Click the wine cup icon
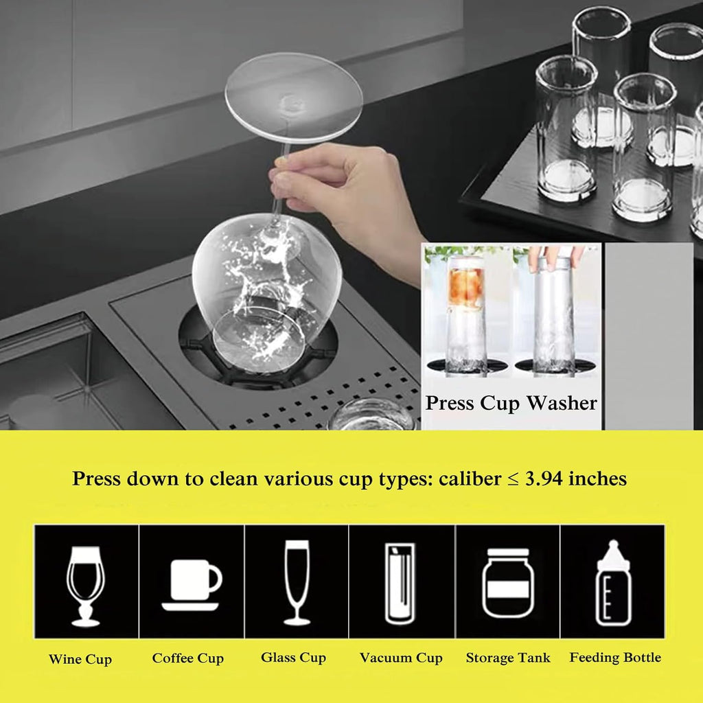click(x=85, y=584)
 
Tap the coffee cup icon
click(x=192, y=584)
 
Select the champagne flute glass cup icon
click(x=297, y=582)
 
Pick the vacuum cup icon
click(x=400, y=583)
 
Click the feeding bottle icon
click(x=613, y=583)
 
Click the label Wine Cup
click(x=80, y=660)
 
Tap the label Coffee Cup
click(x=187, y=658)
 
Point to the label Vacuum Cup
click(x=401, y=658)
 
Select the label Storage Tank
click(x=508, y=658)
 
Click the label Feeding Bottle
click(x=615, y=658)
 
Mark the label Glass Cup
click(x=293, y=658)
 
